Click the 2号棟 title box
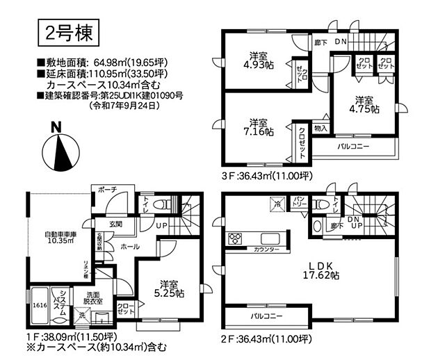click(x=68, y=31)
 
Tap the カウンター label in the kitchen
click(x=267, y=249)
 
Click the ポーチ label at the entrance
click(x=107, y=190)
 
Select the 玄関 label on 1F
click(x=115, y=224)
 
